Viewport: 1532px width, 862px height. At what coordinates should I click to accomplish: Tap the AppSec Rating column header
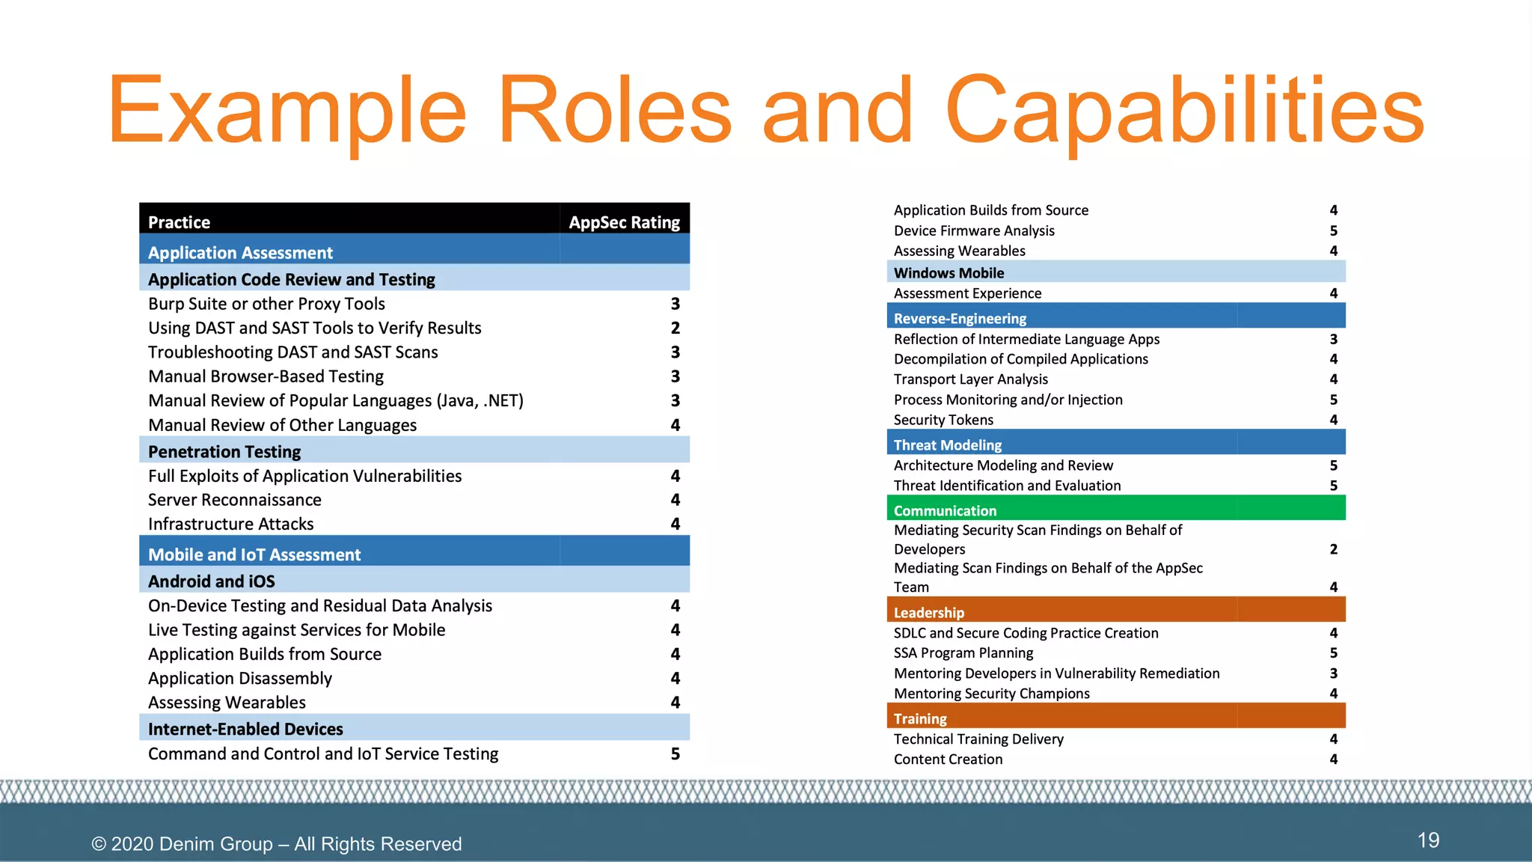[624, 222]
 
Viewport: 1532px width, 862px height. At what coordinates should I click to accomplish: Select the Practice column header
[179, 222]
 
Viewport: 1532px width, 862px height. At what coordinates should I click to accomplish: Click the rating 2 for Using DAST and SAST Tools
[675, 328]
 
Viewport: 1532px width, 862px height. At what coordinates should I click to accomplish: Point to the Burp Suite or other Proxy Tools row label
[266, 304]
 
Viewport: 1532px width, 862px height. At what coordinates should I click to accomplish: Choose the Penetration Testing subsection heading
[224, 451]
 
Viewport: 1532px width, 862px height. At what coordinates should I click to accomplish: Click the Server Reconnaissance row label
[235, 500]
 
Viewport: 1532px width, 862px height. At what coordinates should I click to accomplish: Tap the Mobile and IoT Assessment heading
[254, 554]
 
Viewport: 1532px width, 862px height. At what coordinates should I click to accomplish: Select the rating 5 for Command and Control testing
[675, 754]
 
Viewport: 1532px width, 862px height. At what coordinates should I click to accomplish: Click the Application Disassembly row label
[240, 678]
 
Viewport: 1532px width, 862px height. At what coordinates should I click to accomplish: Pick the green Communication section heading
[945, 510]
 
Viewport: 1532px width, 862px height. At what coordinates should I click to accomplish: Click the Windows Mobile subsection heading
[949, 272]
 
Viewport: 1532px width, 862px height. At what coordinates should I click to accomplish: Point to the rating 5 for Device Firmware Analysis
[1333, 230]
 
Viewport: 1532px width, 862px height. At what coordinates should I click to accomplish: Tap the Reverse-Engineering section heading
[960, 318]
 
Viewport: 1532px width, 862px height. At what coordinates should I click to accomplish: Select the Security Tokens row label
[943, 420]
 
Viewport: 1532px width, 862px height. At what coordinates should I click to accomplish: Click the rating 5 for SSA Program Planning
[1333, 652]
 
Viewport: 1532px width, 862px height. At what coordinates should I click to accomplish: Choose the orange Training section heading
[920, 718]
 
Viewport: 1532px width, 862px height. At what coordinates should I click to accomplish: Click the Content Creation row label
[948, 759]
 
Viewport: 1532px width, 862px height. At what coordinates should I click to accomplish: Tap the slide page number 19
[1428, 840]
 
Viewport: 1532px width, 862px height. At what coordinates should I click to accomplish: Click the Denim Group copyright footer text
[276, 843]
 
